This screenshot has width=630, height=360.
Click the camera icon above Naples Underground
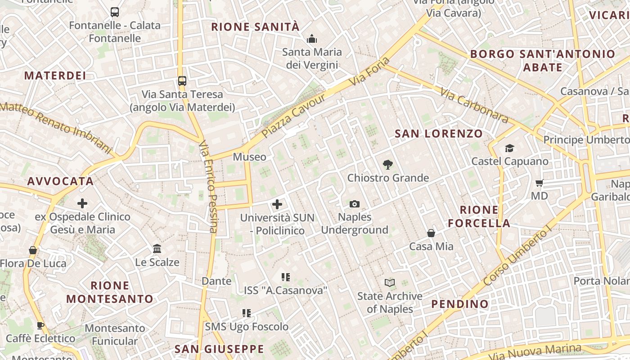pyautogui.click(x=355, y=204)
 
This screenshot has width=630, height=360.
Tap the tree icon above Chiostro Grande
pyautogui.click(x=387, y=165)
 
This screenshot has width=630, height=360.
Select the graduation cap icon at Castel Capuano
pyautogui.click(x=509, y=148)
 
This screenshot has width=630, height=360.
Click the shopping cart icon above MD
pyautogui.click(x=539, y=183)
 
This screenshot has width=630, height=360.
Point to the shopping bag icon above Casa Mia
pyautogui.click(x=431, y=233)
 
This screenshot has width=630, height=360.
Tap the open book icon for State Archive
pyautogui.click(x=390, y=283)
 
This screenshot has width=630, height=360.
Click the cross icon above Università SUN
pyautogui.click(x=277, y=205)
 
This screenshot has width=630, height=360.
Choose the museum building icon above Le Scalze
pyautogui.click(x=157, y=248)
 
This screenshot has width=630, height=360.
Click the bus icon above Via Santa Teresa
pyautogui.click(x=182, y=81)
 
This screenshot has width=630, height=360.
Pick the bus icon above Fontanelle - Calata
pyautogui.click(x=115, y=12)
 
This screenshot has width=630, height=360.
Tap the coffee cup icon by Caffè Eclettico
pyautogui.click(x=40, y=325)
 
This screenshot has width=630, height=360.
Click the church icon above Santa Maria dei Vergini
pyautogui.click(x=312, y=39)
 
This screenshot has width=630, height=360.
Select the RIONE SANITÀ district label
pyautogui.click(x=255, y=27)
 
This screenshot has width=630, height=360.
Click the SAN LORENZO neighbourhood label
pyautogui.click(x=438, y=134)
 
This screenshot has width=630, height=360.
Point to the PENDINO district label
pyautogui.click(x=459, y=304)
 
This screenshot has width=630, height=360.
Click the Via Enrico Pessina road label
pyautogui.click(x=208, y=186)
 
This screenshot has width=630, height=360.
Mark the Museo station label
pyautogui.click(x=249, y=157)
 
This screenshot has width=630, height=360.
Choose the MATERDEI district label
pyautogui.click(x=55, y=76)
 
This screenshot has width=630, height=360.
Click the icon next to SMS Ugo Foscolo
pyautogui.click(x=246, y=313)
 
